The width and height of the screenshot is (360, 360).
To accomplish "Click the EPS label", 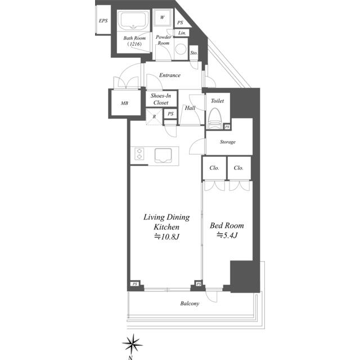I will (x=103, y=21).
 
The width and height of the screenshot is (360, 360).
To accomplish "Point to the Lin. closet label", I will (x=182, y=33).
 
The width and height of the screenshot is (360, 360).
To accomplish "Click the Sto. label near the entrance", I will (x=194, y=53).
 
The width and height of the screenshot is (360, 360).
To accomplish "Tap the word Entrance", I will (x=169, y=75).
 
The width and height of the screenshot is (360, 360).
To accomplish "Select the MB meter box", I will (x=124, y=103).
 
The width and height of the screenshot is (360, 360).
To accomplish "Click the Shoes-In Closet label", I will (x=160, y=99).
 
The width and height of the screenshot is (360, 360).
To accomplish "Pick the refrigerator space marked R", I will (x=155, y=116).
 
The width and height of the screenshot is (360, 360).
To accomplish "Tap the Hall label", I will (x=190, y=108).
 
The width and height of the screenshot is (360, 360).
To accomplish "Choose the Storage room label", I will (x=227, y=142).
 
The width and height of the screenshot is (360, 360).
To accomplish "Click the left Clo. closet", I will (x=214, y=168).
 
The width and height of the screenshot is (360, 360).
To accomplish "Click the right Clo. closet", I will (x=238, y=168).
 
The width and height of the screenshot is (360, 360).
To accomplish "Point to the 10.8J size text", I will (x=167, y=236).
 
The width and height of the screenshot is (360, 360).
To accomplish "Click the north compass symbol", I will (x=133, y=343).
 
